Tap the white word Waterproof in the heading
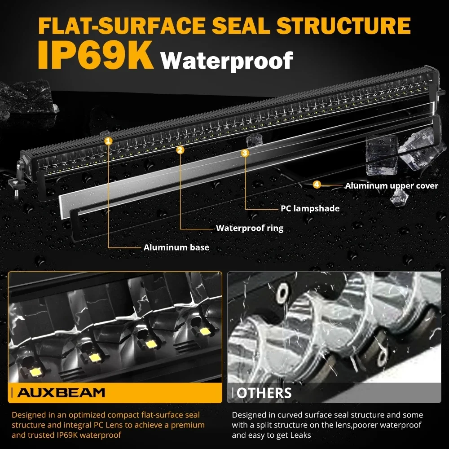pyautogui.click(x=227, y=60)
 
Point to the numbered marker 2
pyautogui.click(x=180, y=150)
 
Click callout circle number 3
pyautogui.click(x=245, y=153)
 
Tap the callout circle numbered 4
pyautogui.click(x=317, y=185)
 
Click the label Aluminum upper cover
pyautogui.click(x=391, y=185)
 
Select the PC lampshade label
pyautogui.click(x=310, y=208)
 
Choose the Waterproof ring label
pyautogui.click(x=250, y=228)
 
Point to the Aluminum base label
pyautogui.click(x=176, y=247)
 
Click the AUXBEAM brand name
pyautogui.click(x=61, y=392)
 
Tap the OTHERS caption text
pyautogui.click(x=264, y=393)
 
